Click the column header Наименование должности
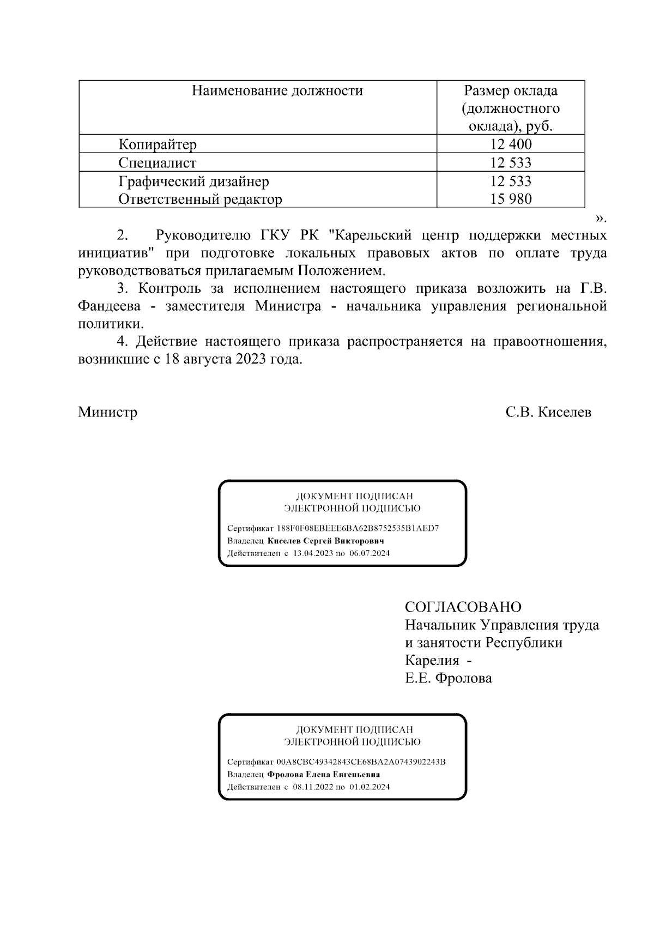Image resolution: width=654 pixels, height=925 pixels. [x=277, y=90]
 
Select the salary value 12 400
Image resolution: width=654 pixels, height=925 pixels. [x=511, y=144]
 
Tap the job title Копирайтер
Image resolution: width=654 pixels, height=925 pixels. [x=158, y=145]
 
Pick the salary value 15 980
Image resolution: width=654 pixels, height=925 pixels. [x=511, y=199]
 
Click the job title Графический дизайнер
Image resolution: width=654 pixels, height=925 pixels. [x=193, y=181]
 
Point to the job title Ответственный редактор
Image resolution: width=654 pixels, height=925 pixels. [x=200, y=199]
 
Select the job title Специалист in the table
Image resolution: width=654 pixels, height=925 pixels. [x=158, y=163]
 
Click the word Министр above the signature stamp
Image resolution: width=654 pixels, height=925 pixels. [x=107, y=412]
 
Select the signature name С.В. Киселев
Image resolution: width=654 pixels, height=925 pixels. [x=548, y=412]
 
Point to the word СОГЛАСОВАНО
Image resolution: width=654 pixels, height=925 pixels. [x=463, y=607]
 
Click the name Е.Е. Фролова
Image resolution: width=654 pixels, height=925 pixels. [x=448, y=678]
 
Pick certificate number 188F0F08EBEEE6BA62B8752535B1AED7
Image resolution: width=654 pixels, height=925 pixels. [x=358, y=529]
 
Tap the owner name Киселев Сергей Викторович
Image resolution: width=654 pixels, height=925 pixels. [x=325, y=541]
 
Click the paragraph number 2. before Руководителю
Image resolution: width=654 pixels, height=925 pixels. [x=123, y=235]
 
